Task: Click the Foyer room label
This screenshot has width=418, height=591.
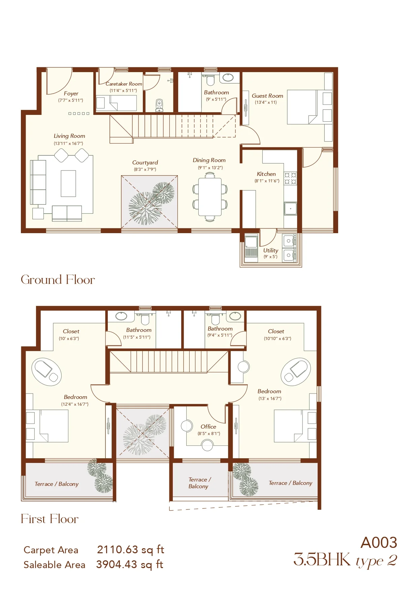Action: click(x=71, y=93)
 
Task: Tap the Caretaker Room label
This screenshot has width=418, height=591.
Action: click(x=124, y=84)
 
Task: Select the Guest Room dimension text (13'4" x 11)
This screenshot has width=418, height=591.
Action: click(x=266, y=102)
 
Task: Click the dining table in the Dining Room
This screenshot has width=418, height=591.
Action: click(x=210, y=197)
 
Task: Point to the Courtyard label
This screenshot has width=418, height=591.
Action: click(x=145, y=162)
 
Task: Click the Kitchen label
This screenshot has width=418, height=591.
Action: click(x=266, y=174)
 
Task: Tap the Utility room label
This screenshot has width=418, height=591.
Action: click(x=270, y=250)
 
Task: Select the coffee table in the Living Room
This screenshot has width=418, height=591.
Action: click(x=68, y=183)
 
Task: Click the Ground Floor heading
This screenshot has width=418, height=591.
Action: click(x=58, y=280)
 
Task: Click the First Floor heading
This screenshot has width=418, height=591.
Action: click(x=50, y=519)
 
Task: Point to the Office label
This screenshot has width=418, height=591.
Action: click(x=208, y=427)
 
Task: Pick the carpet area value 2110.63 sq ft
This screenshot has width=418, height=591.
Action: click(x=130, y=550)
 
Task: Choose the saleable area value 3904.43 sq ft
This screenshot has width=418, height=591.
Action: click(x=130, y=564)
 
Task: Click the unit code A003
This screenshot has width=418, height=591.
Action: click(x=379, y=543)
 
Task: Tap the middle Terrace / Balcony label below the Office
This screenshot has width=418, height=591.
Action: click(x=199, y=483)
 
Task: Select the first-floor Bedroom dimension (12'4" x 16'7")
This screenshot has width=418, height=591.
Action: click(x=75, y=404)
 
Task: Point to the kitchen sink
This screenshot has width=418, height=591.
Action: click(x=290, y=209)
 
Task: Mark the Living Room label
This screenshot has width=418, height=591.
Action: click(x=69, y=136)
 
